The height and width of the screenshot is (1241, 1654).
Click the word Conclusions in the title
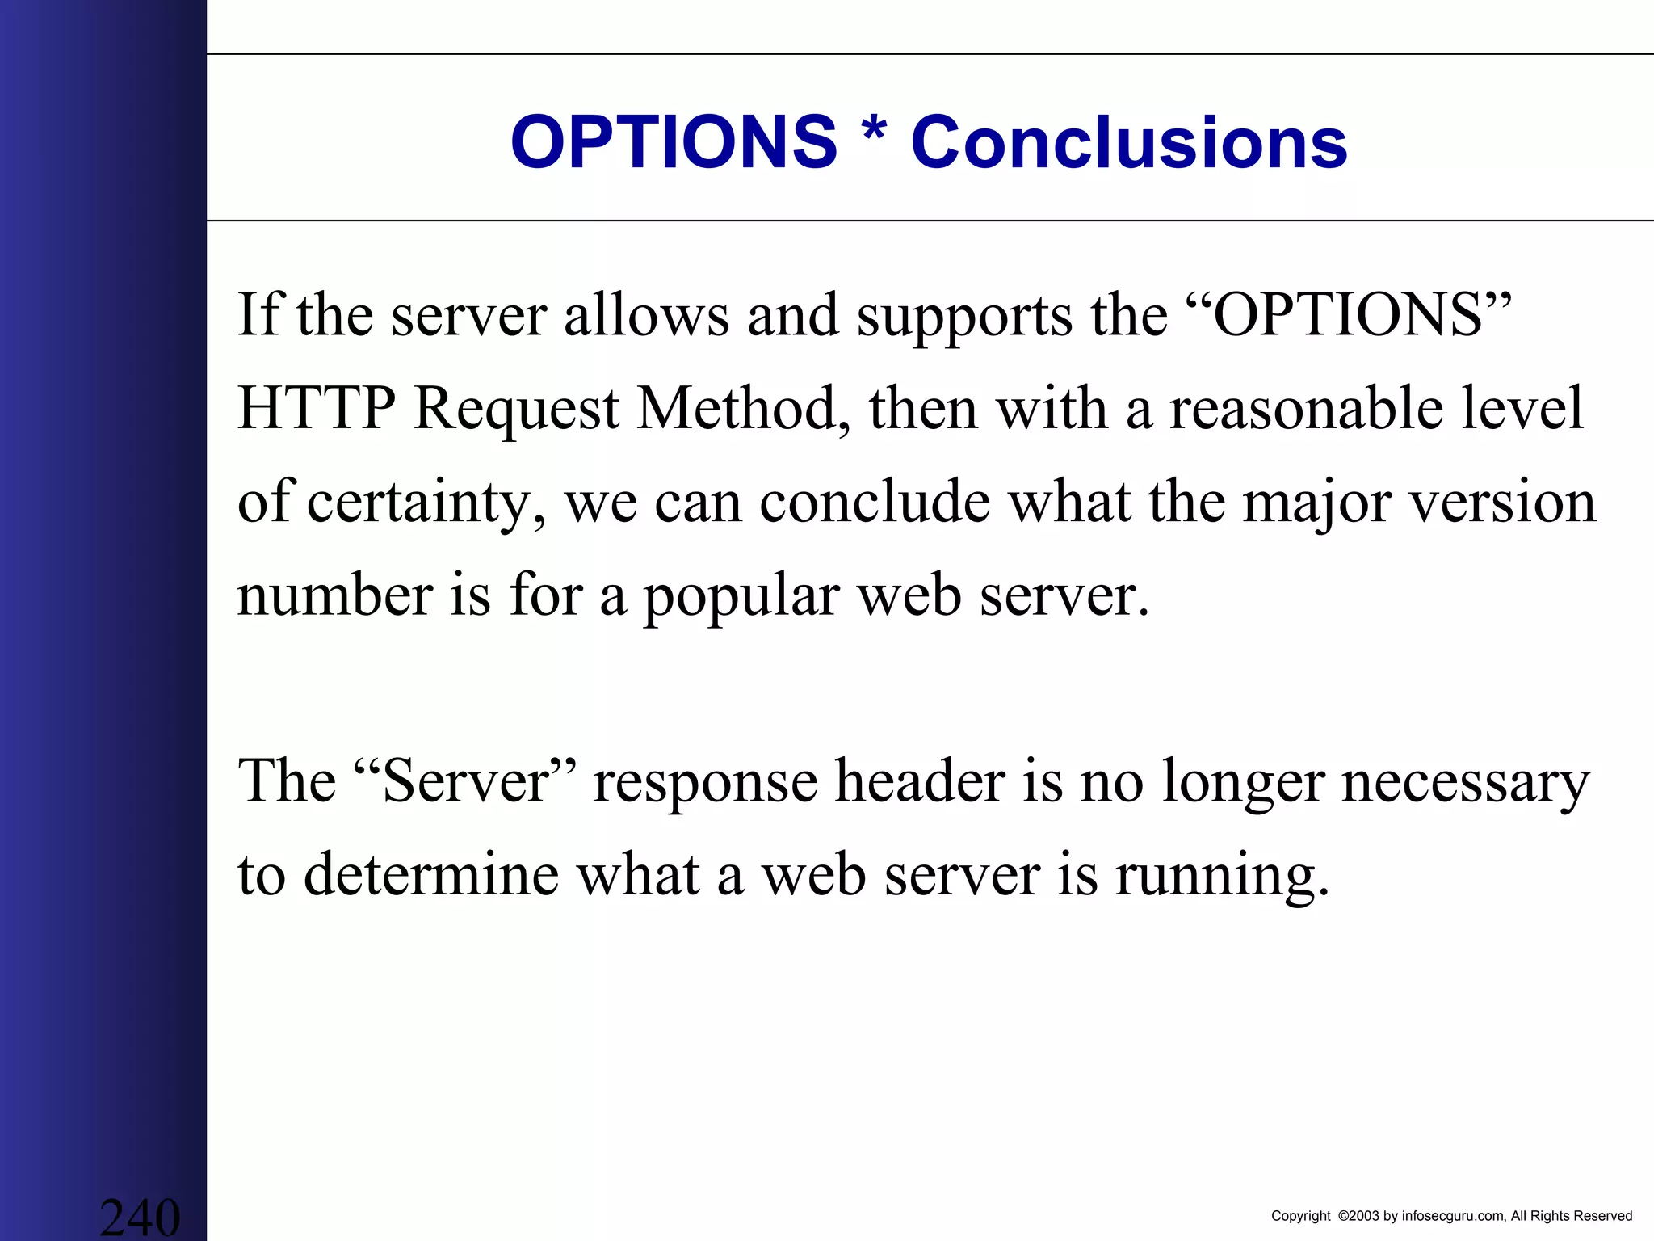pos(1129,143)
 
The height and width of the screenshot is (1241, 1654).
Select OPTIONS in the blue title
pos(674,143)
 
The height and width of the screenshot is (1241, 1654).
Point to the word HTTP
pos(317,408)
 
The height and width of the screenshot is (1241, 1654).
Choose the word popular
pos(741,597)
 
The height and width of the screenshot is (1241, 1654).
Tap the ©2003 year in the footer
pos(1359,1216)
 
